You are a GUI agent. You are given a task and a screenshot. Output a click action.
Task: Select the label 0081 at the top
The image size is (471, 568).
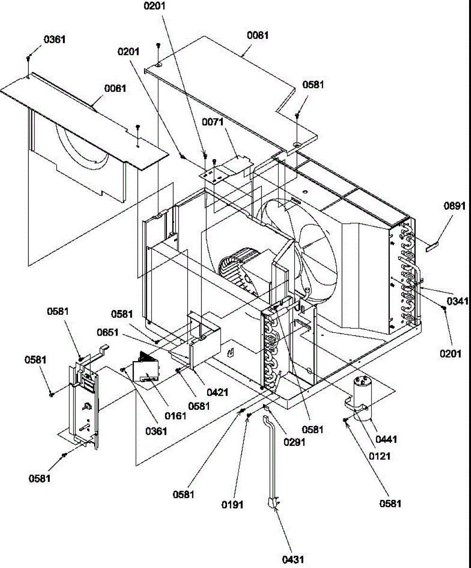(x=258, y=35)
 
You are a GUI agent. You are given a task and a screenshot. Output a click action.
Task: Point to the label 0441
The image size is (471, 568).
(x=387, y=440)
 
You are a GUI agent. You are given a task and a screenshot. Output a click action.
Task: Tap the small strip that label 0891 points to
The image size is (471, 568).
(x=431, y=247)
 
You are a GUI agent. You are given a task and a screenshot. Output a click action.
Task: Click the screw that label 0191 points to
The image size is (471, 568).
(x=249, y=415)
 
